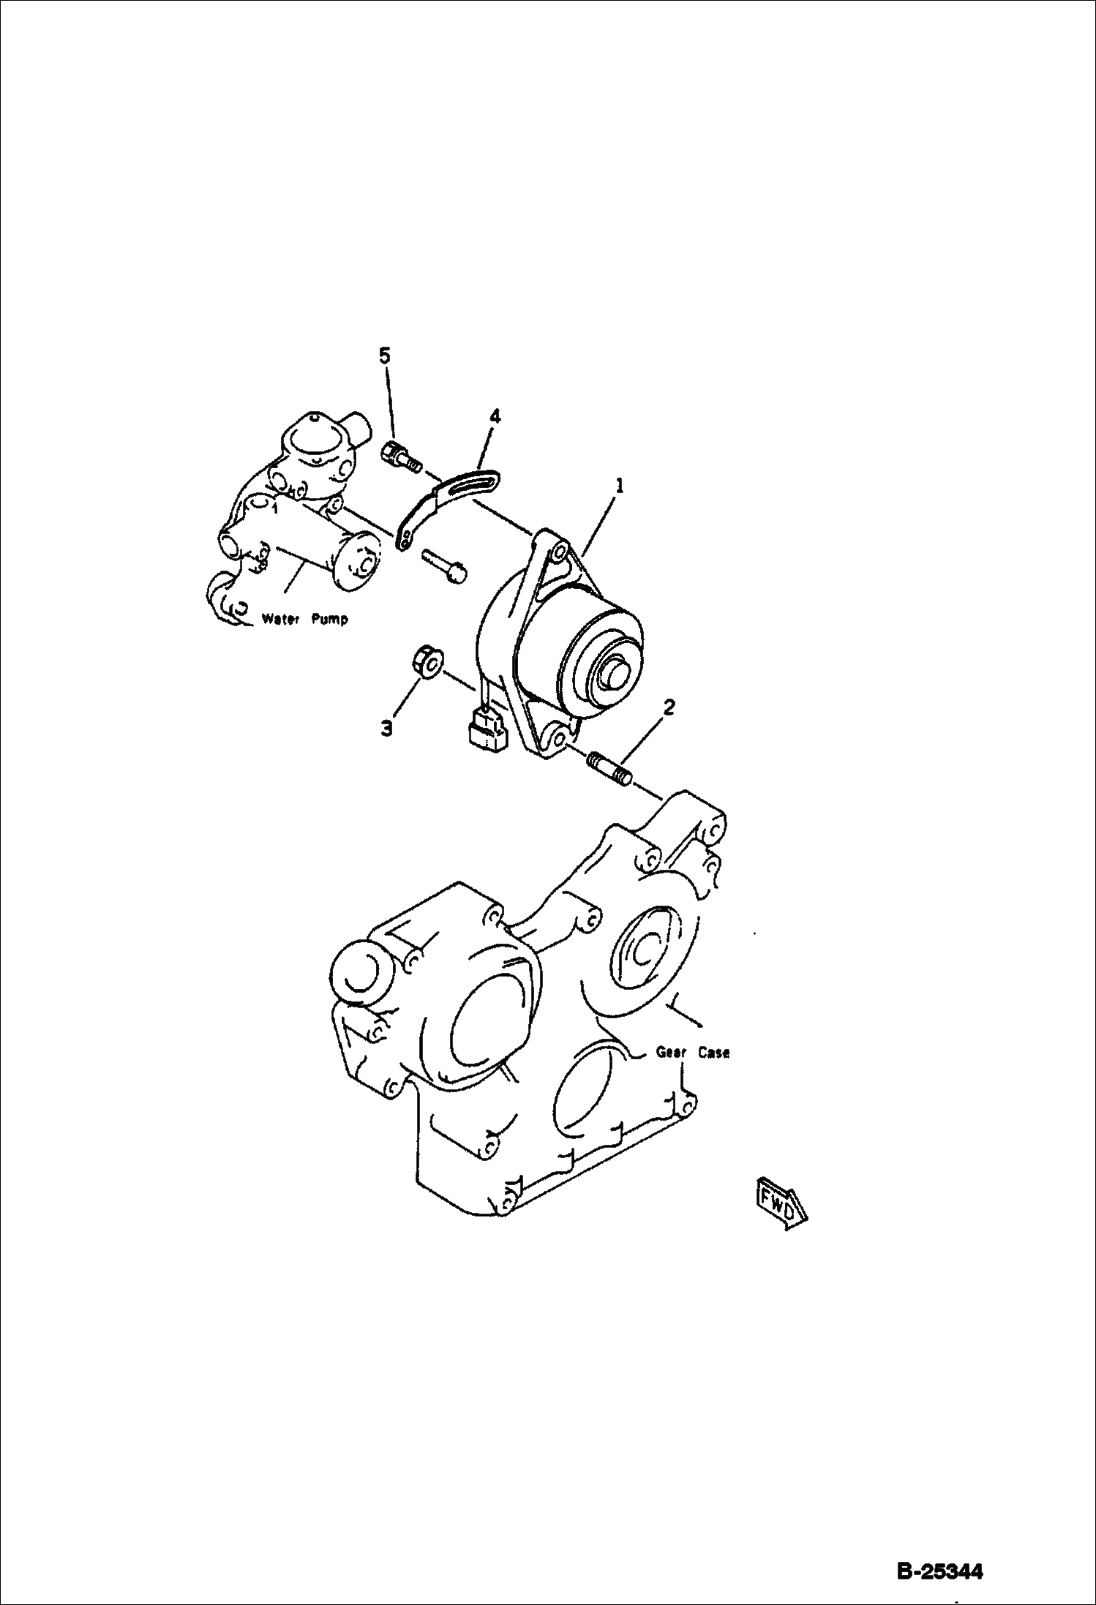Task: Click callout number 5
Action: (385, 356)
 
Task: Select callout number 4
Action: (495, 417)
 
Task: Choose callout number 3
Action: (386, 728)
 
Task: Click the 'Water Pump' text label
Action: (305, 619)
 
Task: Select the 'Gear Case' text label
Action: (692, 1053)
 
